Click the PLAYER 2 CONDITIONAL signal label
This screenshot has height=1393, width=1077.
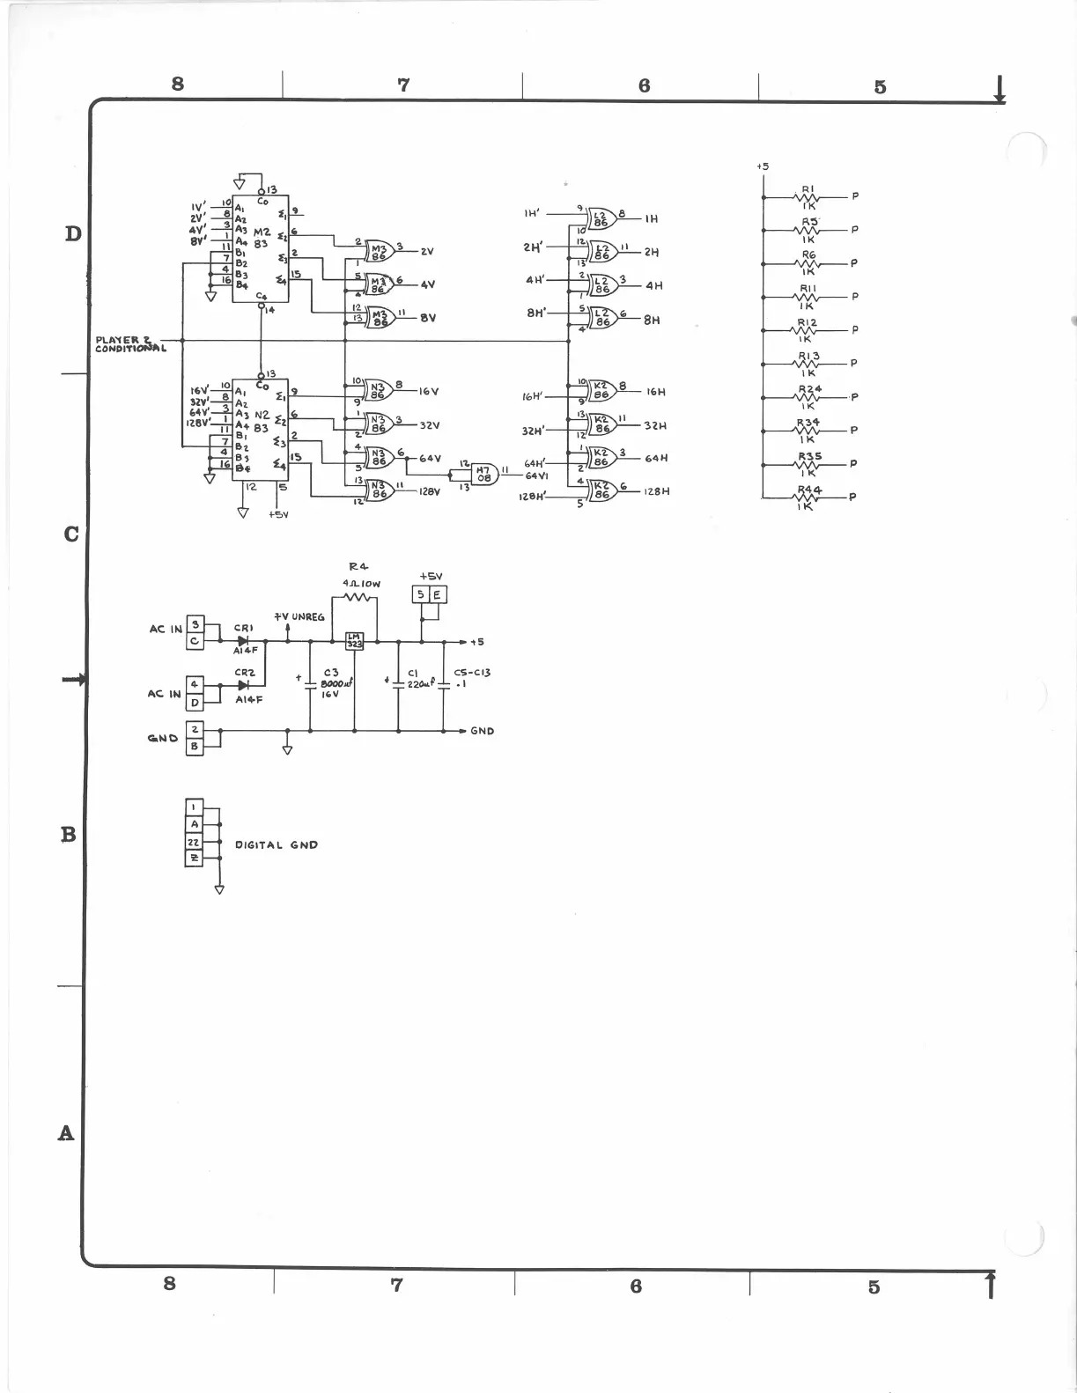(x=130, y=343)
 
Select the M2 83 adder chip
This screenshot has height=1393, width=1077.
(x=261, y=248)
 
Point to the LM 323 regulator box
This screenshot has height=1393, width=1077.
(x=354, y=640)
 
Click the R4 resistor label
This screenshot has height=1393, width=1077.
(x=358, y=566)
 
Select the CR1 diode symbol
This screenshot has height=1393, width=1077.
(x=243, y=641)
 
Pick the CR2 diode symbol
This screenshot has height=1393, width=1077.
(x=244, y=684)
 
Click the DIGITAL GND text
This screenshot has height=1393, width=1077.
(x=276, y=844)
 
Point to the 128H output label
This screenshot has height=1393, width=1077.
(x=656, y=491)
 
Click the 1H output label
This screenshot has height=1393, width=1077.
(x=651, y=219)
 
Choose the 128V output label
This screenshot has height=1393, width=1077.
(x=428, y=491)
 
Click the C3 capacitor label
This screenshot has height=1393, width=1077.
(x=331, y=672)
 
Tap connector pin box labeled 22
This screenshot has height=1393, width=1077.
(x=194, y=843)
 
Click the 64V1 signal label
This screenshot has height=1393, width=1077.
(x=536, y=475)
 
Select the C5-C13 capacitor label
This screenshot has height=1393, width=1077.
(x=472, y=672)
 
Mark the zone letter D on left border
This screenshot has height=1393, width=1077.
(x=73, y=233)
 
